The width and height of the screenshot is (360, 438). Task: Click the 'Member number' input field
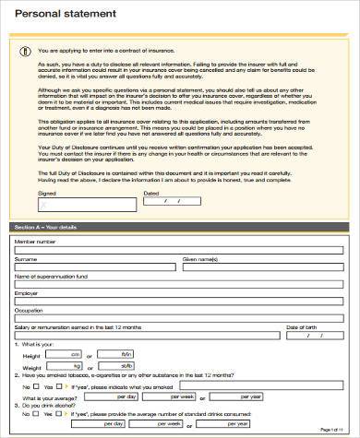tap(180, 251)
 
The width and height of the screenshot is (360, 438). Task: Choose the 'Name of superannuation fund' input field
tap(180, 284)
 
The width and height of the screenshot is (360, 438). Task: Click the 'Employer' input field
tap(180, 301)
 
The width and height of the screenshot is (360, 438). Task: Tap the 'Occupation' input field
tap(180, 317)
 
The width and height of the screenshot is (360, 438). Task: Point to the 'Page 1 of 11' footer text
tap(331, 431)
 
